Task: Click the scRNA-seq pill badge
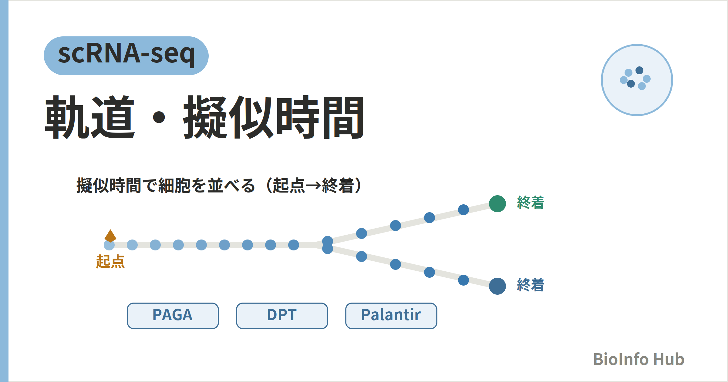[x=126, y=56]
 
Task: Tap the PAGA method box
[x=173, y=316]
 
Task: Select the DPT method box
[x=282, y=316]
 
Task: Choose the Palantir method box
[x=391, y=316]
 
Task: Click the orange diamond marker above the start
[x=110, y=236]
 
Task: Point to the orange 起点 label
[x=110, y=261]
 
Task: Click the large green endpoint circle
[x=497, y=204]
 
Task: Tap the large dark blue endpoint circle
[x=497, y=286]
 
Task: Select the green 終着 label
[x=531, y=203]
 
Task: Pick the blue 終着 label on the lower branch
[x=531, y=285]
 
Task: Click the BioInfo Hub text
[x=639, y=359]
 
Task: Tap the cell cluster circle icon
[x=637, y=80]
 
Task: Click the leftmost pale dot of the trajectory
[x=109, y=245]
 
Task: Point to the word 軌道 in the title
[x=90, y=117]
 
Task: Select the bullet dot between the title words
[x=159, y=117]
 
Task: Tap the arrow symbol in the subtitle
[x=313, y=186]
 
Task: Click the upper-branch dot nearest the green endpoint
[x=463, y=210]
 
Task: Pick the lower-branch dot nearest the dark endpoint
[x=463, y=280]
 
